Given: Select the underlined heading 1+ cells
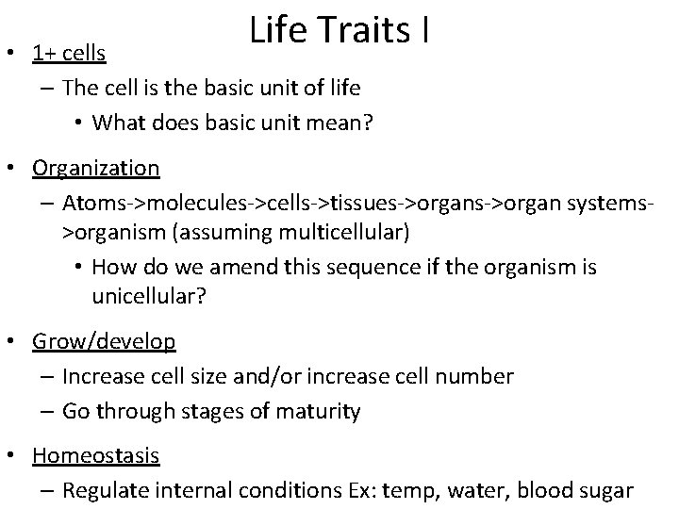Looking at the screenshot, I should (69, 54).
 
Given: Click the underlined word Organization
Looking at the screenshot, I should (95, 168).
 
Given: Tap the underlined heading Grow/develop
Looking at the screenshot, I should (103, 340).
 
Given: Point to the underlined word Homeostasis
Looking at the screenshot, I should (95, 455).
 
